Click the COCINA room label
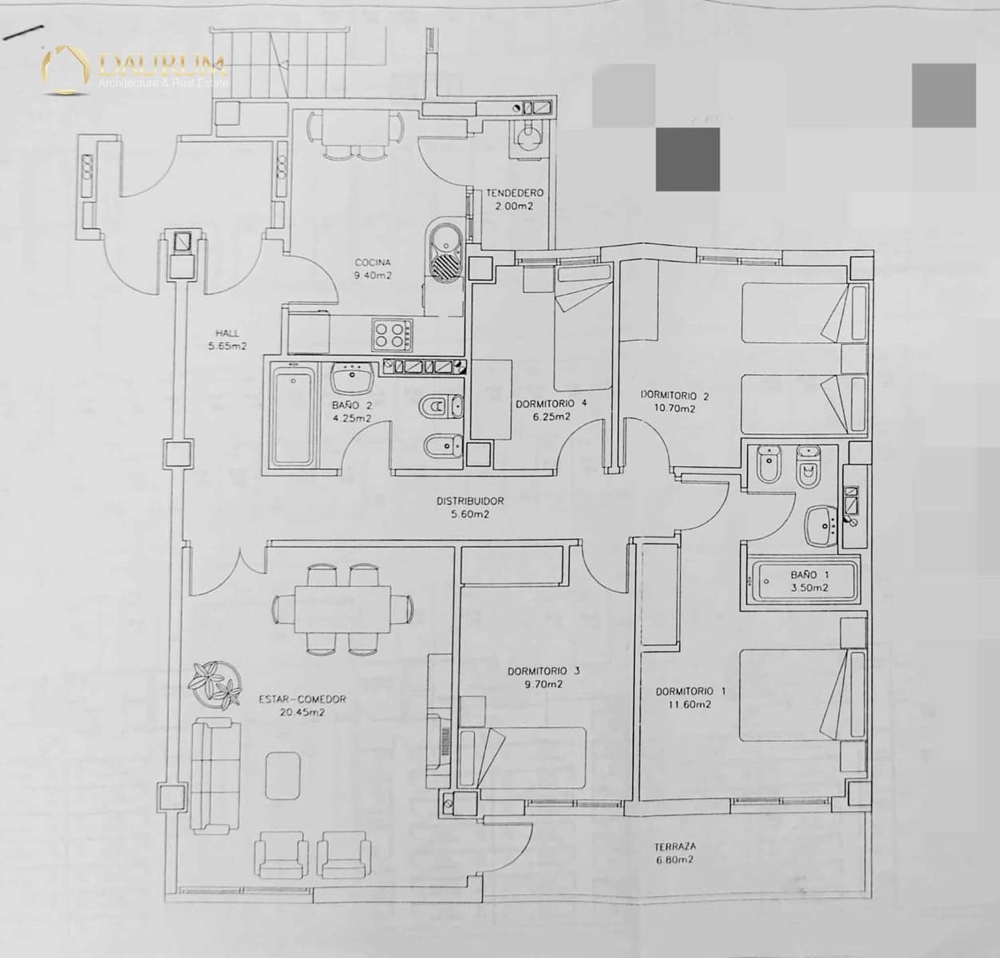tap(373, 263)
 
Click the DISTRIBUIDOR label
tap(470, 501)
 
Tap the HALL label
tap(227, 334)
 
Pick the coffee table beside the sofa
tap(283, 774)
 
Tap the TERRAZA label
tap(675, 846)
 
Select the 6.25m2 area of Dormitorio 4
tap(551, 417)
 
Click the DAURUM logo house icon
tap(65, 70)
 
